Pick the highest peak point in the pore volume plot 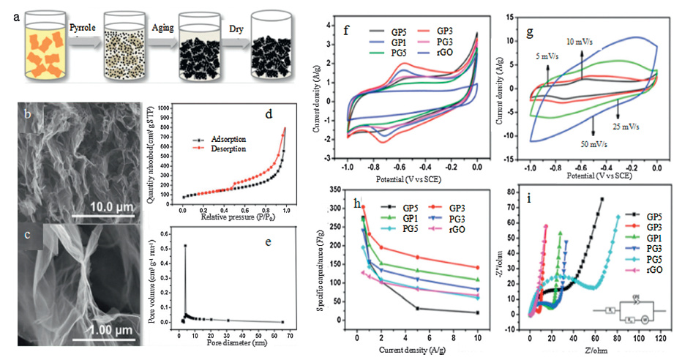(184, 245)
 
